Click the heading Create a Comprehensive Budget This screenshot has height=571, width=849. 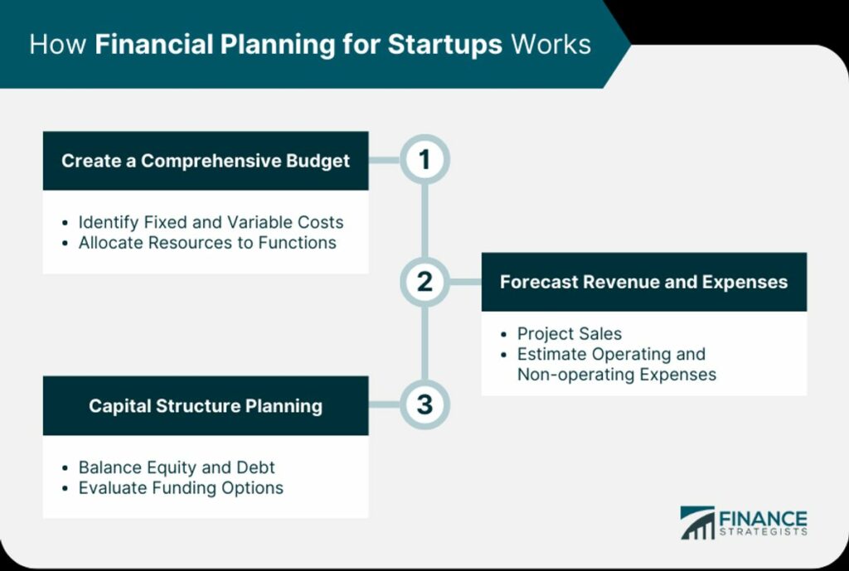(x=206, y=161)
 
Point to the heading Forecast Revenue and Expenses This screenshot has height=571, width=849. (x=643, y=282)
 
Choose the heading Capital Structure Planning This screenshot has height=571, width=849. (x=206, y=406)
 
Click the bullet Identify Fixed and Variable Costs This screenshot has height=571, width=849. (x=211, y=222)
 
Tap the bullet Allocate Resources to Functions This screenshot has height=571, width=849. (x=207, y=243)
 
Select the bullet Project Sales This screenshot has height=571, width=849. (x=569, y=333)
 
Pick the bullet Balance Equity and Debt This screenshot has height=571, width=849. (x=177, y=467)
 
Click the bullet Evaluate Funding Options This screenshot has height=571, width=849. (x=181, y=487)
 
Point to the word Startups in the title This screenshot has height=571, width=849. (x=445, y=45)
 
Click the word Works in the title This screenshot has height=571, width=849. (x=551, y=45)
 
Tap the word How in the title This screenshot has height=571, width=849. (x=58, y=45)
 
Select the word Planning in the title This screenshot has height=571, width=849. (x=278, y=45)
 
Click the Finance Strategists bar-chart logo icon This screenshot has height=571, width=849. (x=697, y=523)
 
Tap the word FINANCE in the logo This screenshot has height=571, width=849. (x=763, y=518)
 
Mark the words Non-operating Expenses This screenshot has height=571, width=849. (x=617, y=375)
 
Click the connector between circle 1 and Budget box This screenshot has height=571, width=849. (x=385, y=160)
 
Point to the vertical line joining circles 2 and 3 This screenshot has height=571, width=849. (x=424, y=344)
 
